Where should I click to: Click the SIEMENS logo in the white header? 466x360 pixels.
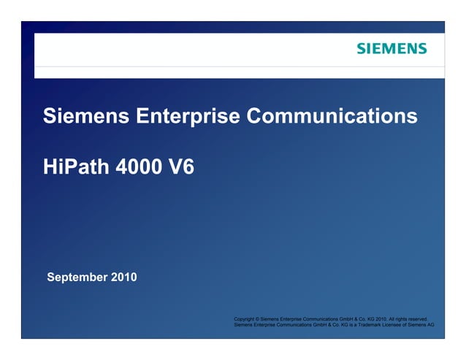[x=391, y=49]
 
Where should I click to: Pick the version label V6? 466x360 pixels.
[x=180, y=166]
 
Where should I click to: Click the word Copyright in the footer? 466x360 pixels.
[x=245, y=319]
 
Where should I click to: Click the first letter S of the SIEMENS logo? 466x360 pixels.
[x=361, y=49]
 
